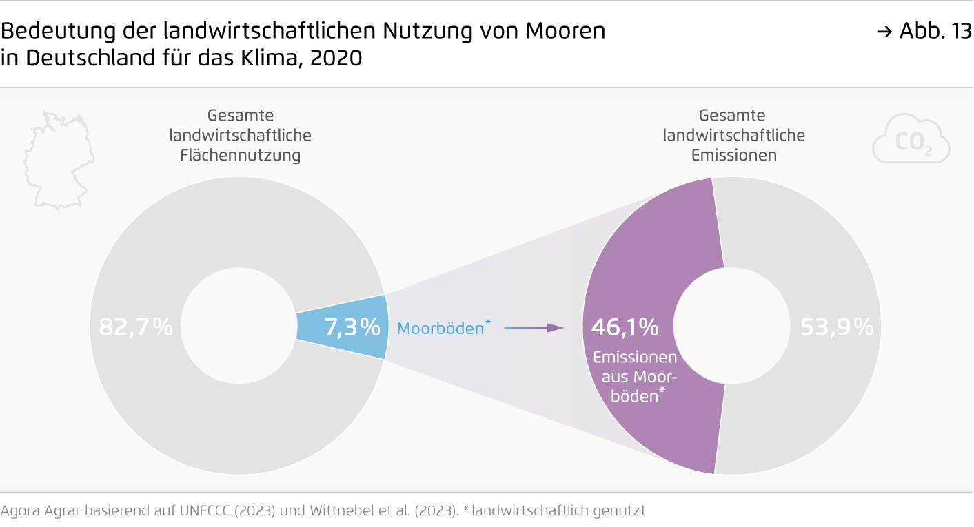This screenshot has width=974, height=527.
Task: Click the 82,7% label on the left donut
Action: (x=135, y=327)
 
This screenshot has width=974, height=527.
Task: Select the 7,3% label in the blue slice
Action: (x=352, y=327)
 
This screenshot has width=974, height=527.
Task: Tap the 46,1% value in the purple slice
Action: (x=625, y=327)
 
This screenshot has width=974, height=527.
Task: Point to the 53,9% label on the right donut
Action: (x=836, y=327)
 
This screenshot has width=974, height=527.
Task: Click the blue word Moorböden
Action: (x=440, y=329)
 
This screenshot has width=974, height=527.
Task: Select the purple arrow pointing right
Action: (x=534, y=328)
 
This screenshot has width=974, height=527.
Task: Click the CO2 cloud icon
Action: (x=911, y=141)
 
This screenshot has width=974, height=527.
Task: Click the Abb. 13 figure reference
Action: (x=934, y=31)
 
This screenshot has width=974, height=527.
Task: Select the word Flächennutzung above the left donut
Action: (x=241, y=155)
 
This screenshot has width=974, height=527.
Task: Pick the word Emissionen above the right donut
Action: (x=733, y=155)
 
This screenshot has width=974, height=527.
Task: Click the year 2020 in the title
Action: (x=336, y=58)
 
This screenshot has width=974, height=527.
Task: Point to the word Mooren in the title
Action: (x=565, y=31)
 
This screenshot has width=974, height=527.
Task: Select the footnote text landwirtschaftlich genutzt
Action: (x=558, y=511)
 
